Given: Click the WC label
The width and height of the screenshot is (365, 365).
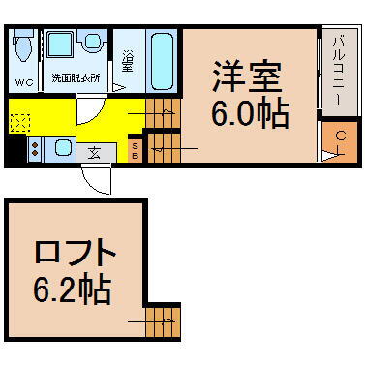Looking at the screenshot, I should pos(23,82).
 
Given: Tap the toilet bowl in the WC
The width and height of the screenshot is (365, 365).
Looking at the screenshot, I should pos(23,47).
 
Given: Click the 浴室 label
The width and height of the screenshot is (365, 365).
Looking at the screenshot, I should pos(128,63).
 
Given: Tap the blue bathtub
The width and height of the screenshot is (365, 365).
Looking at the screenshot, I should pos(161,60).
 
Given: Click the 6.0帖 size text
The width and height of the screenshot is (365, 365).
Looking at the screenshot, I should pos(249,114).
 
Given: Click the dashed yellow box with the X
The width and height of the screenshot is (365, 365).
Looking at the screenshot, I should pos(20,121).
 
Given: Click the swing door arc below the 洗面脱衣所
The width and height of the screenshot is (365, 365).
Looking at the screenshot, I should pos(89,110).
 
